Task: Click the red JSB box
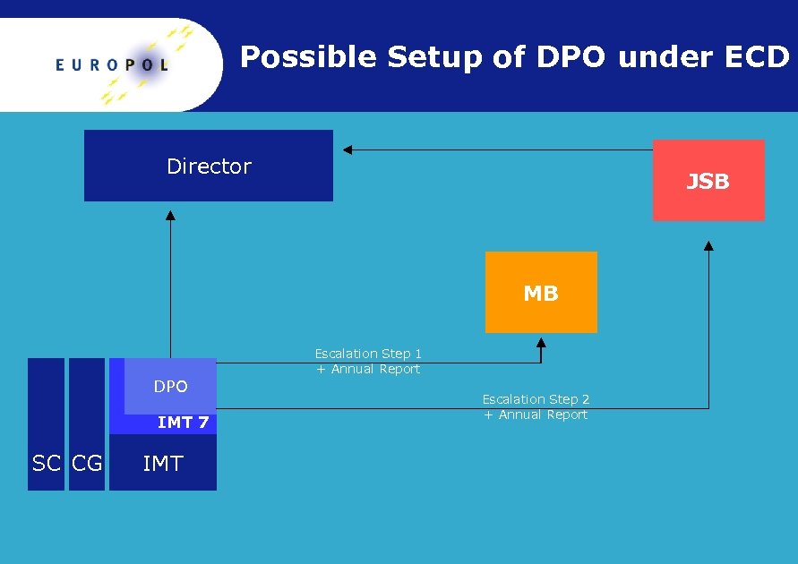click(x=708, y=180)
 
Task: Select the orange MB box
click(x=541, y=292)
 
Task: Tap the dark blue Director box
click(x=208, y=166)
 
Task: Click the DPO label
click(x=170, y=387)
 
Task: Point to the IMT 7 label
click(x=183, y=423)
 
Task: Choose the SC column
click(x=46, y=463)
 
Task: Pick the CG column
click(x=87, y=463)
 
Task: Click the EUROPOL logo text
click(x=111, y=64)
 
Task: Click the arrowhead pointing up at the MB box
click(x=541, y=342)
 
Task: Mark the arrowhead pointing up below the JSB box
click(x=708, y=245)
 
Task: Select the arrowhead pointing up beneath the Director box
click(x=170, y=215)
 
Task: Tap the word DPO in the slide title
click(x=571, y=57)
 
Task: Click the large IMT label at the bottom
click(x=163, y=463)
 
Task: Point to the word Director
click(x=209, y=166)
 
